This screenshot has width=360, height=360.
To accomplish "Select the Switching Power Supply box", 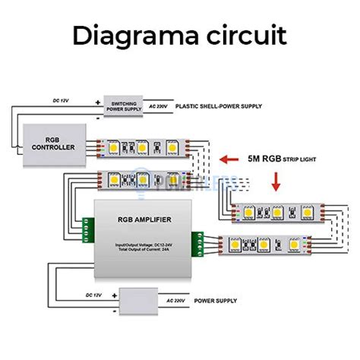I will point(125,108).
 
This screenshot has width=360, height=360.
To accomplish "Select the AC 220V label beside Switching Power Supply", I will point(160,107).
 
